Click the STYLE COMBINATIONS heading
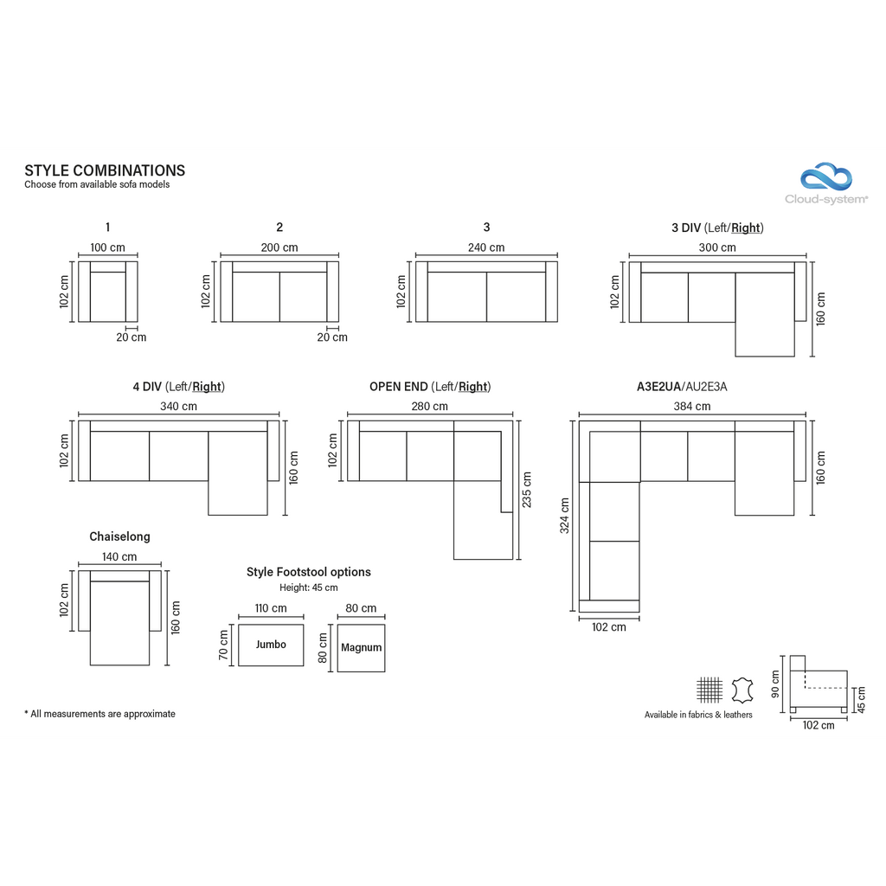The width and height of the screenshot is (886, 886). (105, 170)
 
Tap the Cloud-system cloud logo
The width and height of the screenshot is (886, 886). (826, 177)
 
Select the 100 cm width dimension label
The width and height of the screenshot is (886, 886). (107, 247)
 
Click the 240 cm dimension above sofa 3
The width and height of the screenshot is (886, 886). (486, 247)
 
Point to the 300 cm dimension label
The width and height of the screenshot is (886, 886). (717, 247)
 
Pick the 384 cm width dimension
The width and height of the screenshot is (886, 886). (691, 407)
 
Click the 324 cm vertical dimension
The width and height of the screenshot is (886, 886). (564, 516)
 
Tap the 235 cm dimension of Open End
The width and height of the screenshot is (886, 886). (527, 490)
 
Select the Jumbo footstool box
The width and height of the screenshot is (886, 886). (271, 645)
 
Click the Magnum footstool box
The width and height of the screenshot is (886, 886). (361, 647)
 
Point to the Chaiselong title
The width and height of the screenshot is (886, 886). (119, 536)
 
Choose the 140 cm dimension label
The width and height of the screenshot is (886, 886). (119, 556)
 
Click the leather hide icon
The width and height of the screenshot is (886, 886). (742, 690)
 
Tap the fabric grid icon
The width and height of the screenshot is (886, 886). (709, 690)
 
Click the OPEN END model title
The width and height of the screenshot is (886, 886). (398, 387)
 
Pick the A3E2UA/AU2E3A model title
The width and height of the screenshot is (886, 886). (682, 387)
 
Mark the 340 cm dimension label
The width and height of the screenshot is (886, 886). (178, 407)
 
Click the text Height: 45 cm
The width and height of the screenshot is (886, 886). (309, 587)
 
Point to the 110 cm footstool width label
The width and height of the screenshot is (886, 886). (271, 608)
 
